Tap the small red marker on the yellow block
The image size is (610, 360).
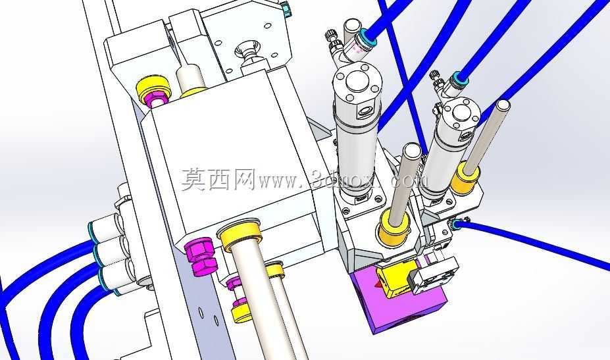pos(377,284)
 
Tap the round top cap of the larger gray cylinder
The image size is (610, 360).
pos(357,82)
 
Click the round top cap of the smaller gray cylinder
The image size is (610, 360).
pos(461,113)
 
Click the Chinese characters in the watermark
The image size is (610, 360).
pos(218,180)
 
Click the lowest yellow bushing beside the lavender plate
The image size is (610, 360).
pos(242,312)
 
